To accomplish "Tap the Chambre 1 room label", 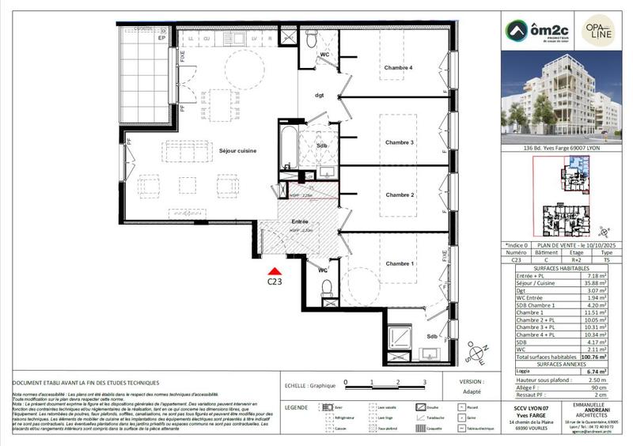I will point(399,263).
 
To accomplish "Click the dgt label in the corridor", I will point(320,96).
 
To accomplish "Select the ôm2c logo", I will point(534,32).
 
